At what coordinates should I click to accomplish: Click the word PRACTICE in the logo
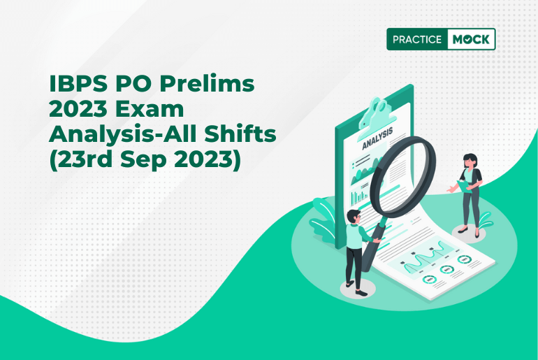[417, 39]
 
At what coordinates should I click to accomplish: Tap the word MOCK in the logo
[471, 39]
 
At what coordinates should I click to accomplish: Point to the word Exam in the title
[150, 109]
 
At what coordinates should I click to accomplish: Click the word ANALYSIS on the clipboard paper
[377, 138]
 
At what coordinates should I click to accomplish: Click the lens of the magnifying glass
[405, 174]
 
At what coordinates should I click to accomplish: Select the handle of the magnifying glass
[372, 246]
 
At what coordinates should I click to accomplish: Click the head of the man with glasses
[354, 217]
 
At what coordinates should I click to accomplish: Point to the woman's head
[470, 161]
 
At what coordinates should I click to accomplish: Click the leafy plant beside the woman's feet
[486, 221]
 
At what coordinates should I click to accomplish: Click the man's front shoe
[361, 293]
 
